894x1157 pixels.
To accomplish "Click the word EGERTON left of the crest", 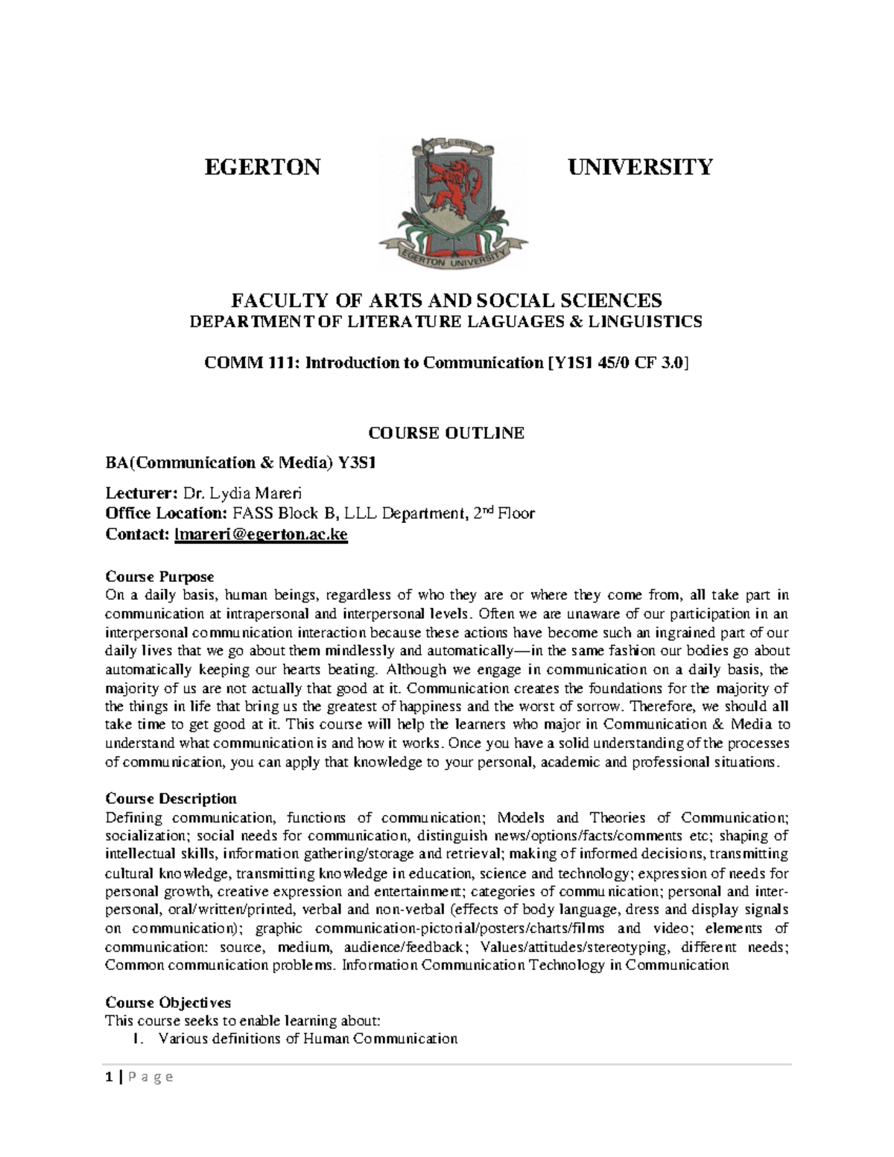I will (262, 166).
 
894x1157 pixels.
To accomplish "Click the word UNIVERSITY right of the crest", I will (640, 166).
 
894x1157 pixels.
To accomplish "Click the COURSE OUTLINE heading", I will (447, 433).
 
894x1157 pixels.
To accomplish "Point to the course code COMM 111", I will (234, 363).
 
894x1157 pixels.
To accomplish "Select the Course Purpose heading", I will (159, 577).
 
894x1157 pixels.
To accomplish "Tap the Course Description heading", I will (171, 799).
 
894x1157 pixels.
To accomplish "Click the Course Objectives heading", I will (168, 1002).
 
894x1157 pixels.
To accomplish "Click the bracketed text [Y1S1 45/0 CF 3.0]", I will (618, 363).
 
